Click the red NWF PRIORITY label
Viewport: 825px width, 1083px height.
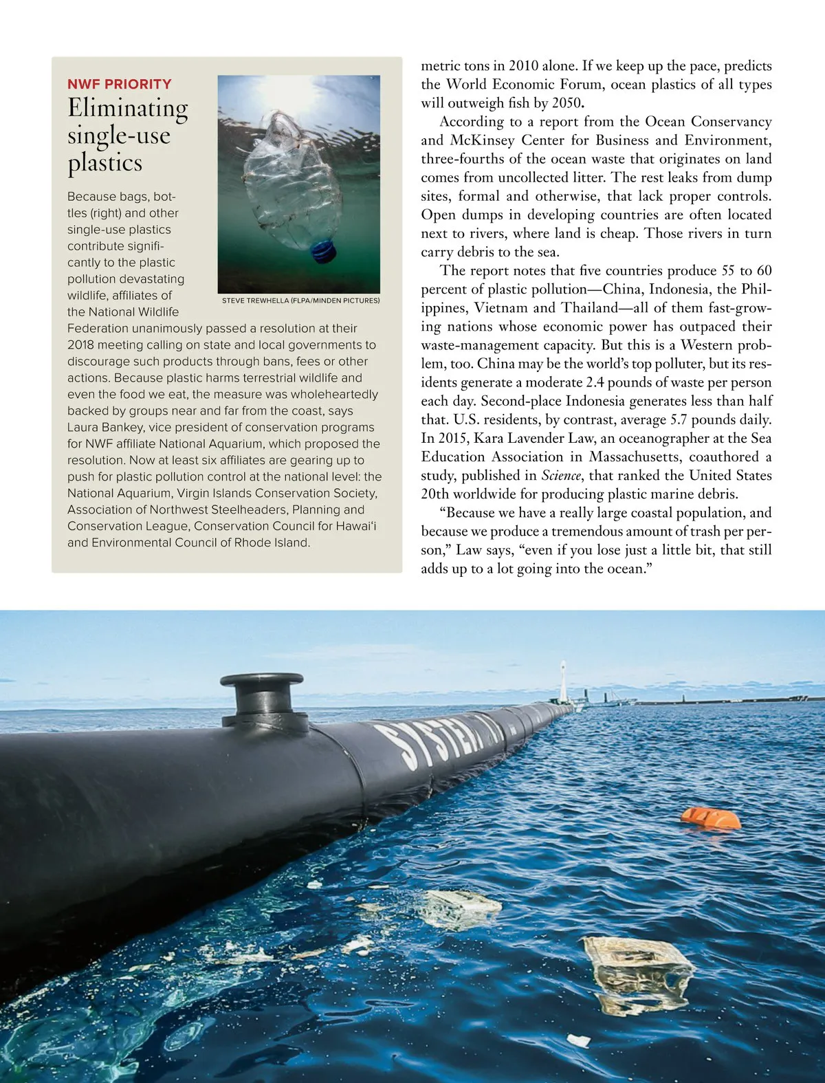(120, 85)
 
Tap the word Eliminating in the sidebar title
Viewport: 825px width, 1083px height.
(127, 109)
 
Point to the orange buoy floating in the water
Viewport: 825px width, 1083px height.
(711, 818)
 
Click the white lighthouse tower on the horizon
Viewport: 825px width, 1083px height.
(564, 680)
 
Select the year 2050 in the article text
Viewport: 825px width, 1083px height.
(567, 103)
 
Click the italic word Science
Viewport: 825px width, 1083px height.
(561, 475)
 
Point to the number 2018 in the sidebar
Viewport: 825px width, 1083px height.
(82, 344)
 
